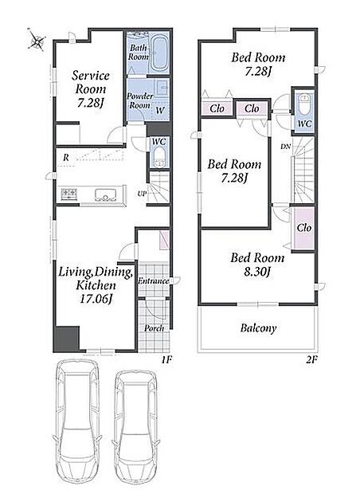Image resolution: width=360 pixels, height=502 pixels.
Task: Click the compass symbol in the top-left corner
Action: coord(37,41)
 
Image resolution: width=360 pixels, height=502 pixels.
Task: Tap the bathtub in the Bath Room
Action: coord(159,53)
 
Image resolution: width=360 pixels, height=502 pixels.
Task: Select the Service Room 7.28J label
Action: coord(90,89)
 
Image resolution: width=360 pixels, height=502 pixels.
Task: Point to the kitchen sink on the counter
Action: coord(106,194)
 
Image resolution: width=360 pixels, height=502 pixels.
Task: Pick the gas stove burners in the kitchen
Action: coord(69,194)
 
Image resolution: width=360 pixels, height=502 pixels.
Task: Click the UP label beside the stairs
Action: coord(142,194)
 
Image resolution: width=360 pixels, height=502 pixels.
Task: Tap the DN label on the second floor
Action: coord(285,147)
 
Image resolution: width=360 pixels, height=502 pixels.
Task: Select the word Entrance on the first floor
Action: coord(153,281)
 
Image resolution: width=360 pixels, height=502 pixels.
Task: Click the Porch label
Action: coord(154,328)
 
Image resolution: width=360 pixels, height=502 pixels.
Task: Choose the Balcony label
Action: coord(258,328)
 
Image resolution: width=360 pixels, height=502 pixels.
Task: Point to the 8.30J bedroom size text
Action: coord(257,273)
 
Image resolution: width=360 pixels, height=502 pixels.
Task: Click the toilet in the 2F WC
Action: coord(303,103)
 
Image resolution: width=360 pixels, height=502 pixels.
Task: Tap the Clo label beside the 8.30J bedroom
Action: coord(303,228)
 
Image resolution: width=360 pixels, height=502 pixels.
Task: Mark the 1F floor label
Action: coord(166,360)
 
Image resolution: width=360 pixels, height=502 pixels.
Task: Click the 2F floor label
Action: coord(311,360)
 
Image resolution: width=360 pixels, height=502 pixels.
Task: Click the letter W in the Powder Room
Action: coord(159,111)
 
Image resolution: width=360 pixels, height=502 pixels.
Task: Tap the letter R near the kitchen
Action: coord(66,158)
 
